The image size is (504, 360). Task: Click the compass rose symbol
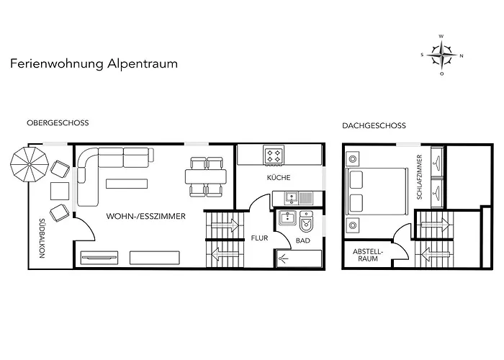[442, 55]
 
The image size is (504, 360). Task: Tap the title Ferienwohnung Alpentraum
[94, 63]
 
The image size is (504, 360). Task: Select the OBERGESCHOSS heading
[58, 123]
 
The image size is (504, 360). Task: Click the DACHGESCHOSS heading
[374, 126]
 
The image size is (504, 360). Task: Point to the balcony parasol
[30, 165]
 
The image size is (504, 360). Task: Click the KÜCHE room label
[279, 177]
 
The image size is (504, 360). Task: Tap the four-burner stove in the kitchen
[274, 156]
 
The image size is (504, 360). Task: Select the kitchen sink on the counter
[292, 198]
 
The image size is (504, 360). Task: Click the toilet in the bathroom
[306, 222]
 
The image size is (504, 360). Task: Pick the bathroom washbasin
[288, 219]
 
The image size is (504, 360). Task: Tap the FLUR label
[259, 238]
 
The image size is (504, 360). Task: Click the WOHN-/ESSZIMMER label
[146, 216]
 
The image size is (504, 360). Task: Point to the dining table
[206, 176]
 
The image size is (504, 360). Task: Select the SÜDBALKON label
[42, 238]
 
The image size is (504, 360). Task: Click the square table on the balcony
[60, 191]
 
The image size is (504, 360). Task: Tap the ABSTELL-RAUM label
[368, 255]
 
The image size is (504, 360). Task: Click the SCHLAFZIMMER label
[419, 177]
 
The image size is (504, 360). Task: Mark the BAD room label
[303, 240]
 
